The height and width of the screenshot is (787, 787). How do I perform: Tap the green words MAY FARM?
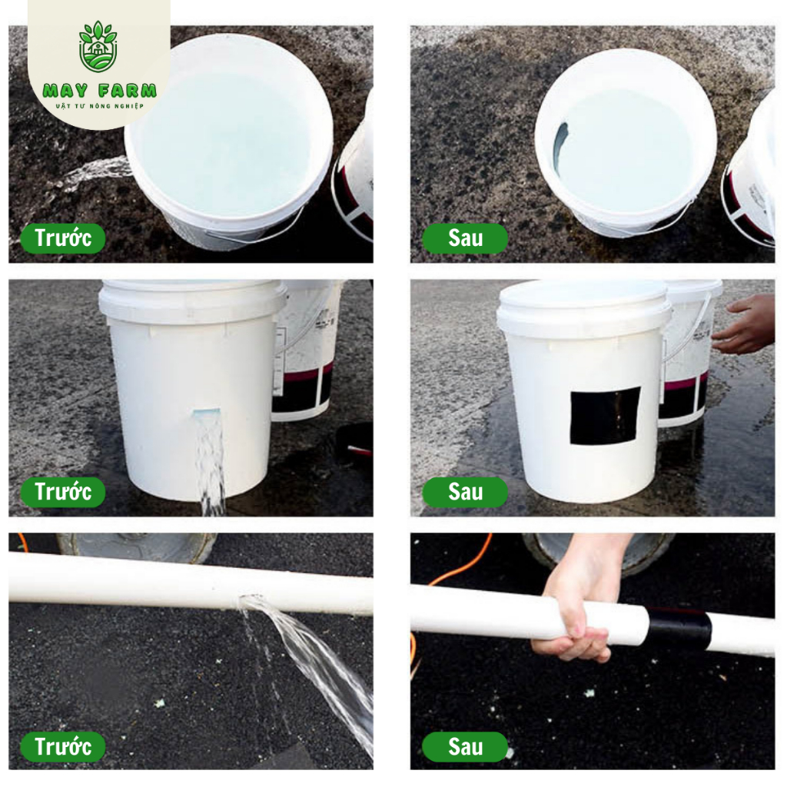[x=99, y=91]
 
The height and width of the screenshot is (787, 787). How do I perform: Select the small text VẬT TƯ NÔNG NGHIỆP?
[x=99, y=106]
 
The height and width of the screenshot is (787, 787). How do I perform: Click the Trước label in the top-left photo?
[x=63, y=238]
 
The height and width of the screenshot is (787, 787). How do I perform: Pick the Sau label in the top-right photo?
[x=465, y=238]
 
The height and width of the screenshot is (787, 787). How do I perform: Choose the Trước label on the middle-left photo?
[x=63, y=492]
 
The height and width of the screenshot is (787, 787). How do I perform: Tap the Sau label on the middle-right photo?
[x=465, y=492]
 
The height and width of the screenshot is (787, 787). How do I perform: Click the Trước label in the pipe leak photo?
[x=63, y=747]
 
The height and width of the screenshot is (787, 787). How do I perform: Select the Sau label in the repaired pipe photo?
[x=465, y=747]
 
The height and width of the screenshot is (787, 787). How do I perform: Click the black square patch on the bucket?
[x=606, y=416]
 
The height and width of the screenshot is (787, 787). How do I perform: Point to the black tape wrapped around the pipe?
[x=679, y=630]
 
